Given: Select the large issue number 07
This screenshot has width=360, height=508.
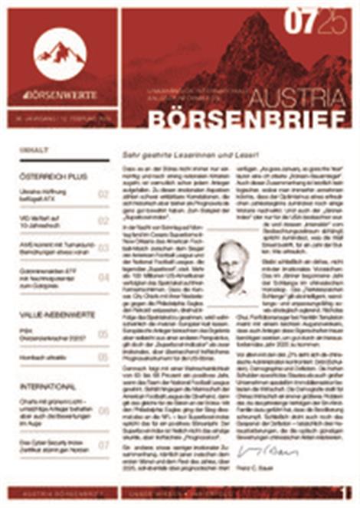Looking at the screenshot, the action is (x=299, y=24).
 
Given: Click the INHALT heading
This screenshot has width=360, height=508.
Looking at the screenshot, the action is (x=35, y=151).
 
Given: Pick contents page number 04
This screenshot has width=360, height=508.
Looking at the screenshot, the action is (x=103, y=277).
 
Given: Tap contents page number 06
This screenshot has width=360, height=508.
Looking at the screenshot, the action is (x=103, y=411).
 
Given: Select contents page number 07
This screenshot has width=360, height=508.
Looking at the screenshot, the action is (x=103, y=444).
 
